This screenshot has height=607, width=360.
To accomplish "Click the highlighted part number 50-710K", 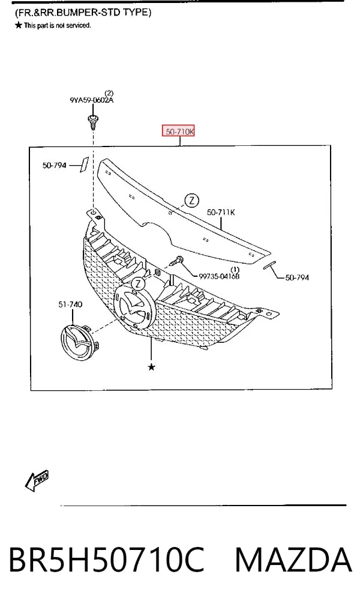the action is pyautogui.click(x=178, y=131).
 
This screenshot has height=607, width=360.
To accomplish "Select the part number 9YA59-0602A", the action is pyautogui.click(x=92, y=100).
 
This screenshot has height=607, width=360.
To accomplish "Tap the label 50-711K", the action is pyautogui.click(x=221, y=212).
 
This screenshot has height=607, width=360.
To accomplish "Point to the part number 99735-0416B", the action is pyautogui.click(x=219, y=276).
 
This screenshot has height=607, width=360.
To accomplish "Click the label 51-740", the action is pyautogui.click(x=70, y=304).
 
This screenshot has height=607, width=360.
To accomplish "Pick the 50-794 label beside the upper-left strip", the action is pyautogui.click(x=55, y=165).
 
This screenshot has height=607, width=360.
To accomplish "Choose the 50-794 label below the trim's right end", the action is pyautogui.click(x=297, y=277).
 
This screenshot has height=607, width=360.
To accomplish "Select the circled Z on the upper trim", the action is pyautogui.click(x=192, y=201).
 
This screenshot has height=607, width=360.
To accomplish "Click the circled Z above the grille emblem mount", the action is pyautogui.click(x=137, y=284).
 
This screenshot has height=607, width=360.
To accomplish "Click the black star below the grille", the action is pyautogui.click(x=152, y=367).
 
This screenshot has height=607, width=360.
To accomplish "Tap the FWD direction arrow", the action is pyautogui.click(x=37, y=480).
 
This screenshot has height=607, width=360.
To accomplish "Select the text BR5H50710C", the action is pyautogui.click(x=106, y=560).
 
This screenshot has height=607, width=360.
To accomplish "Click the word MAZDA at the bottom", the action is pyautogui.click(x=293, y=560).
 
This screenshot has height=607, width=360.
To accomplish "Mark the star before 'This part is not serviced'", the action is pyautogui.click(x=18, y=26).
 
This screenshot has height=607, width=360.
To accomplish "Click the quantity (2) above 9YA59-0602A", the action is pyautogui.click(x=109, y=93).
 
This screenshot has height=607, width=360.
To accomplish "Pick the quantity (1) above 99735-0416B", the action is pyautogui.click(x=235, y=270).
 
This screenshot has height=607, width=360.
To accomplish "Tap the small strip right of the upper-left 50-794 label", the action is pyautogui.click(x=84, y=164).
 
